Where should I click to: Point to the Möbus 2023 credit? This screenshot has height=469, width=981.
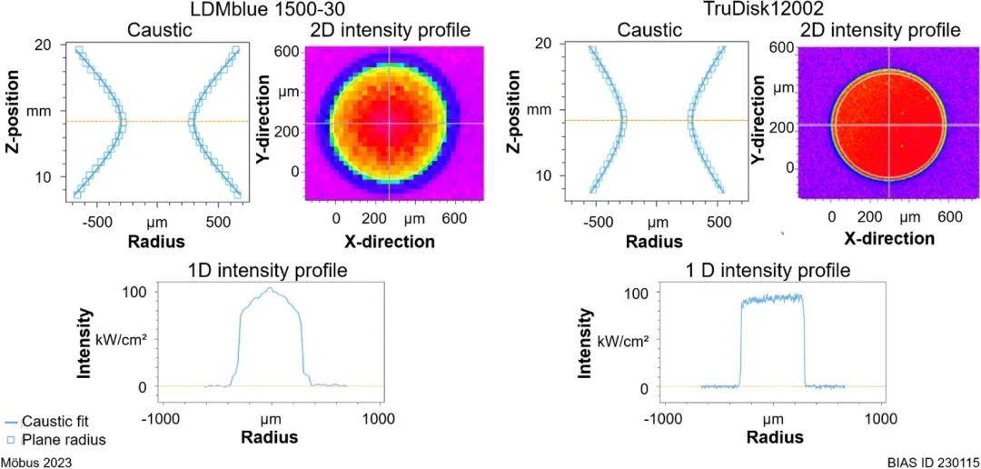[x=36, y=462]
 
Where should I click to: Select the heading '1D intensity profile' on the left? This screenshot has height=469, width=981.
[x=268, y=271]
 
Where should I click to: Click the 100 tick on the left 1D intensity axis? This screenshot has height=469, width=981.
[x=135, y=293]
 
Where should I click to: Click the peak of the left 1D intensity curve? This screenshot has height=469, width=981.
[x=270, y=288]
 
